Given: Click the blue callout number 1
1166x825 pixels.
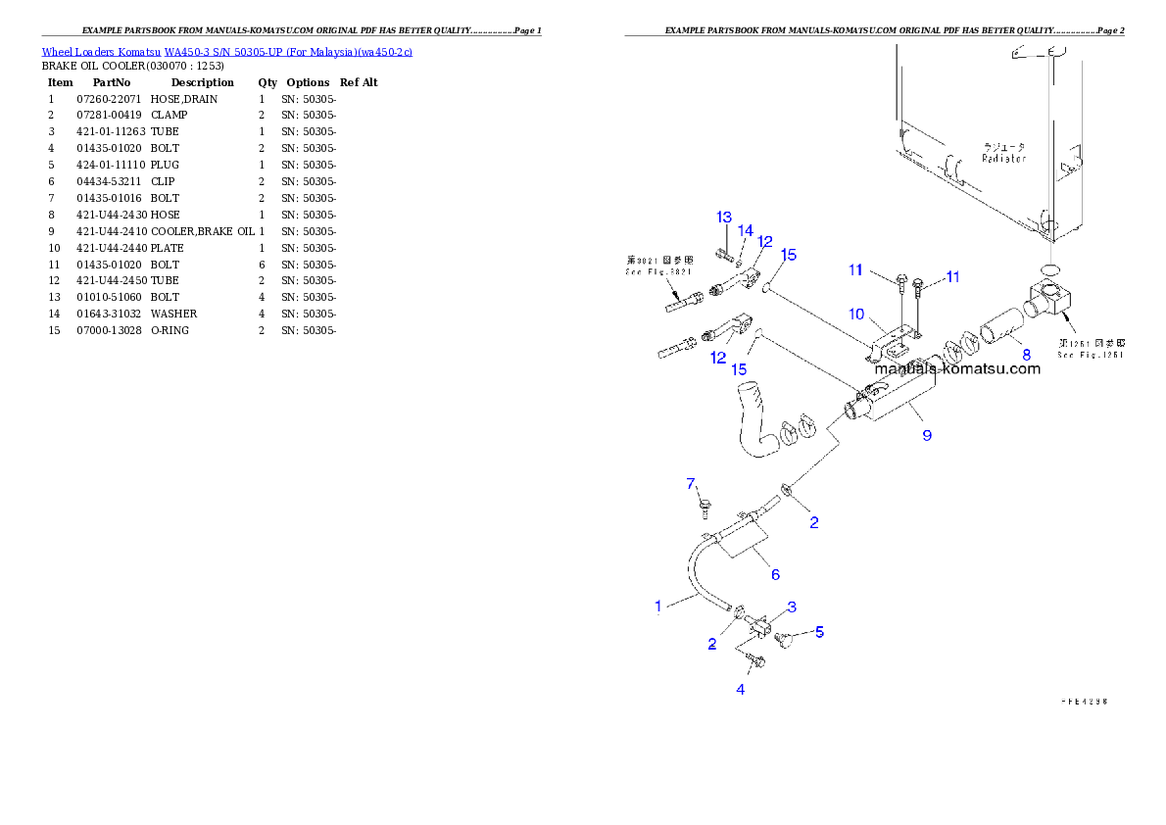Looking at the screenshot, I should [658, 607].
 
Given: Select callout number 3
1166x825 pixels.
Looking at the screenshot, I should [792, 607].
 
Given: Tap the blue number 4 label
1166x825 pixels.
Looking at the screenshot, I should [741, 690].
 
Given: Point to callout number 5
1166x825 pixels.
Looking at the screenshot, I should [820, 632].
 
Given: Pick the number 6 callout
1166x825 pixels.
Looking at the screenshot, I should [775, 574].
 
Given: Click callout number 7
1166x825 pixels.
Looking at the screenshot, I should [691, 484].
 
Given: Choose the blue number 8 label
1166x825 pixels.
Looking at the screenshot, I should [1026, 354].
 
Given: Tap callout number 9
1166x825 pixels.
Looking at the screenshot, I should [927, 434].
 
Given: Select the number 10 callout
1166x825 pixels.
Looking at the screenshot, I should [856, 315].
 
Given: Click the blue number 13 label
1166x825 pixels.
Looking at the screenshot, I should [724, 217].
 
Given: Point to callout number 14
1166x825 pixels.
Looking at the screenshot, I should [746, 231].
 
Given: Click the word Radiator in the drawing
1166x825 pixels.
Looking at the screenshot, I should [1004, 158].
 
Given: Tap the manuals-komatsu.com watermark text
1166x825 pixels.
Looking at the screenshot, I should [957, 369].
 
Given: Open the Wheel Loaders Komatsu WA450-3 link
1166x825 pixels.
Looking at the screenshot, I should [226, 52].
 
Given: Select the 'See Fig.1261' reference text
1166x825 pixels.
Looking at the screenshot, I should [1091, 355].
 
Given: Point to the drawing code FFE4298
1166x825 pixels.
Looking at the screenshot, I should [1090, 702].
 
